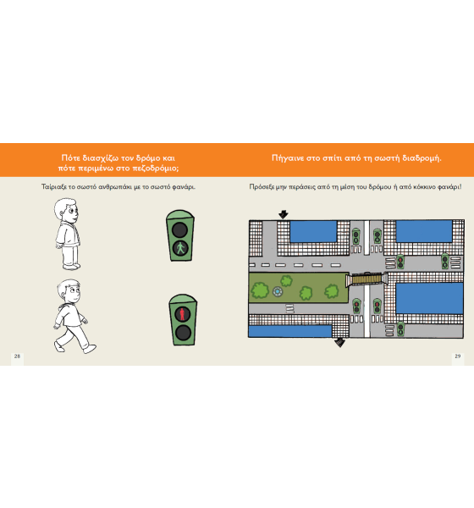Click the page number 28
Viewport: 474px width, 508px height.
17,356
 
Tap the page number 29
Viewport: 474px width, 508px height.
457,356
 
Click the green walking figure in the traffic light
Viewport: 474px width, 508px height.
180,248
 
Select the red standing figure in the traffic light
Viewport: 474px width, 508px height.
183,314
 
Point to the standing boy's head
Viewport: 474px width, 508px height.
66,210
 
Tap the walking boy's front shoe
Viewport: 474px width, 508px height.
90,349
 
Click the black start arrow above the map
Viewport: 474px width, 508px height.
284,214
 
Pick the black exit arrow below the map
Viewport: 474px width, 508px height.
339,342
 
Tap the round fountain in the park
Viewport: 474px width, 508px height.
278,291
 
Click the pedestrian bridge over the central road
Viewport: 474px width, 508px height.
367,279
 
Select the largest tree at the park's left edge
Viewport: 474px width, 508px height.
260,290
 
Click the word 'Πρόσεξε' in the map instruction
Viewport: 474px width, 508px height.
262,187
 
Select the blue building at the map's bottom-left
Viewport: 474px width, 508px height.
290,331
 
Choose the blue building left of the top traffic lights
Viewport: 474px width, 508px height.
313,231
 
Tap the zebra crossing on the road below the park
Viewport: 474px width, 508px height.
290,308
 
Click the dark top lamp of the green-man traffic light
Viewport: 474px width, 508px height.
179,230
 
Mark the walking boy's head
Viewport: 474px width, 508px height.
69,291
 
